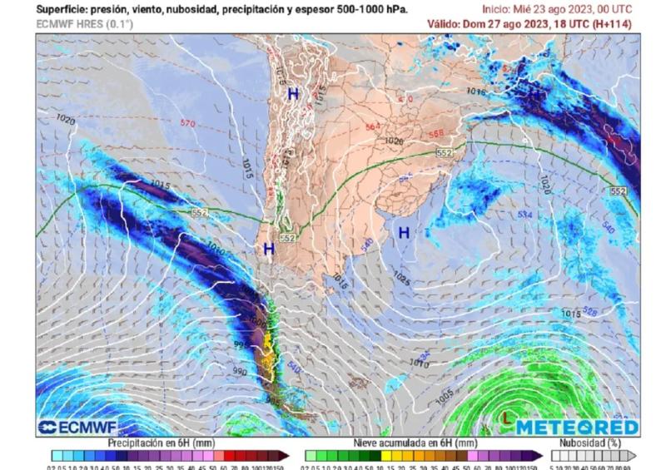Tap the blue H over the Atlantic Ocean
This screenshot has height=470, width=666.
tap(404, 233)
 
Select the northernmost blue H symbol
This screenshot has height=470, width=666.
tap(293, 95)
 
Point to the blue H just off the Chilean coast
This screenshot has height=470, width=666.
tap(269, 249)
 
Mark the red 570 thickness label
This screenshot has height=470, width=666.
tap(187, 124)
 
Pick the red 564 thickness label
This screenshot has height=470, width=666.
tap(373, 127)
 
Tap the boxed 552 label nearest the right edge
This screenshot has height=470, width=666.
tap(618, 191)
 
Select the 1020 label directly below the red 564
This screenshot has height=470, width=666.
tap(394, 141)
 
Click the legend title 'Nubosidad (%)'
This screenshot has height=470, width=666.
tap(593, 443)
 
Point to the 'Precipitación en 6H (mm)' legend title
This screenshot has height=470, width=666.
tap(162, 443)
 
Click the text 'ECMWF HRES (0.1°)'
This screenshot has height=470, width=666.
tap(84, 24)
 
